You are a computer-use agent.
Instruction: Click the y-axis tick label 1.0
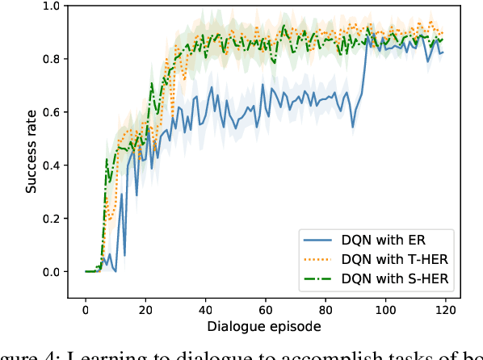coord(50,6)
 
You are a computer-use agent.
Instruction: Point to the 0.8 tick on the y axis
coord(50,59)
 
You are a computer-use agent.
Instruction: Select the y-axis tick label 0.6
coord(50,112)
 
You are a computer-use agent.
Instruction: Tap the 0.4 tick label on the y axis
coord(50,165)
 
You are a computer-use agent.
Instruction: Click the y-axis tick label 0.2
coord(50,219)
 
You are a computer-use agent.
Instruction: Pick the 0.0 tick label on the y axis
coord(50,272)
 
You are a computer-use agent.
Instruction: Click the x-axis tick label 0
coord(86,310)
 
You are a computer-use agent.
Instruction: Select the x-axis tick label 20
coord(145,310)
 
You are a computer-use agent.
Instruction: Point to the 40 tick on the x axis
coord(206,310)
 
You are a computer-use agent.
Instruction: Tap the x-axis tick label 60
coord(266,310)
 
